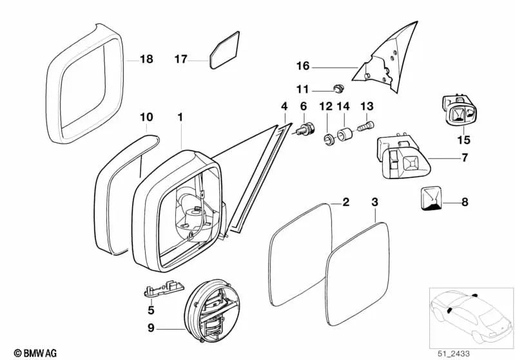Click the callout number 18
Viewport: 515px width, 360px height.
click(146, 59)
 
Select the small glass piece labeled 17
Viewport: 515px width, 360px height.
click(224, 50)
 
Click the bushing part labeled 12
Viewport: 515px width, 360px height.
click(328, 137)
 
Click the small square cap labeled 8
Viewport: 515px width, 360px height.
click(431, 198)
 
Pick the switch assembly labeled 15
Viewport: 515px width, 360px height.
click(460, 115)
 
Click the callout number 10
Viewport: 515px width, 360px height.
click(146, 117)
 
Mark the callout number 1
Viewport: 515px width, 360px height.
click(180, 117)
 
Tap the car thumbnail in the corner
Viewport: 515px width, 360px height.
click(468, 315)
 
